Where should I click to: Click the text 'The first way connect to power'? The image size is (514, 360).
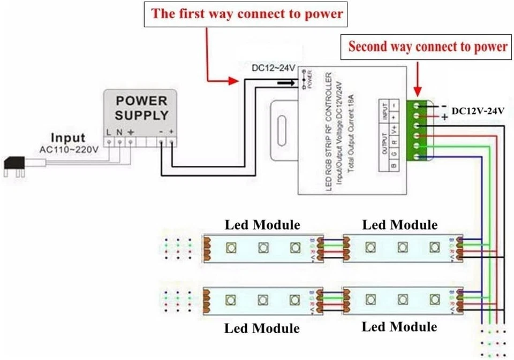(x=247, y=13)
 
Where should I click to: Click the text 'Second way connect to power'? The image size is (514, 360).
(x=427, y=47)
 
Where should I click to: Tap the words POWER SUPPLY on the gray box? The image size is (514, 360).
(x=142, y=108)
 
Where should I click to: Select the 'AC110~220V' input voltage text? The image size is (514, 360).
(x=69, y=150)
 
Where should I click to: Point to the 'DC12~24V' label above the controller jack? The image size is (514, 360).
(x=273, y=68)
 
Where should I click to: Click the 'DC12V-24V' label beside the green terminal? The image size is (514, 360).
(x=478, y=111)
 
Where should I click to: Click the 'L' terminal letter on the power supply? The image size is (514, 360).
(x=109, y=132)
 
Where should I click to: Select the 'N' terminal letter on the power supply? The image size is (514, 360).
(x=119, y=132)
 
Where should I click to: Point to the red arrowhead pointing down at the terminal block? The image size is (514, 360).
(x=418, y=91)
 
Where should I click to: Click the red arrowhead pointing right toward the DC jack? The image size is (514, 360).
(x=233, y=81)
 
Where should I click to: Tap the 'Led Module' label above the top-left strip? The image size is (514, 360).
(x=262, y=225)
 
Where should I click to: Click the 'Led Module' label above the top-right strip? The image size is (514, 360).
(x=399, y=225)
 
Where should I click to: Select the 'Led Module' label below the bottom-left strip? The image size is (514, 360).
(x=262, y=327)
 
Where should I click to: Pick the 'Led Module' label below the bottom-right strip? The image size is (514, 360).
(x=399, y=326)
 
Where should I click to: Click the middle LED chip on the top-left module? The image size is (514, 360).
(x=262, y=248)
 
